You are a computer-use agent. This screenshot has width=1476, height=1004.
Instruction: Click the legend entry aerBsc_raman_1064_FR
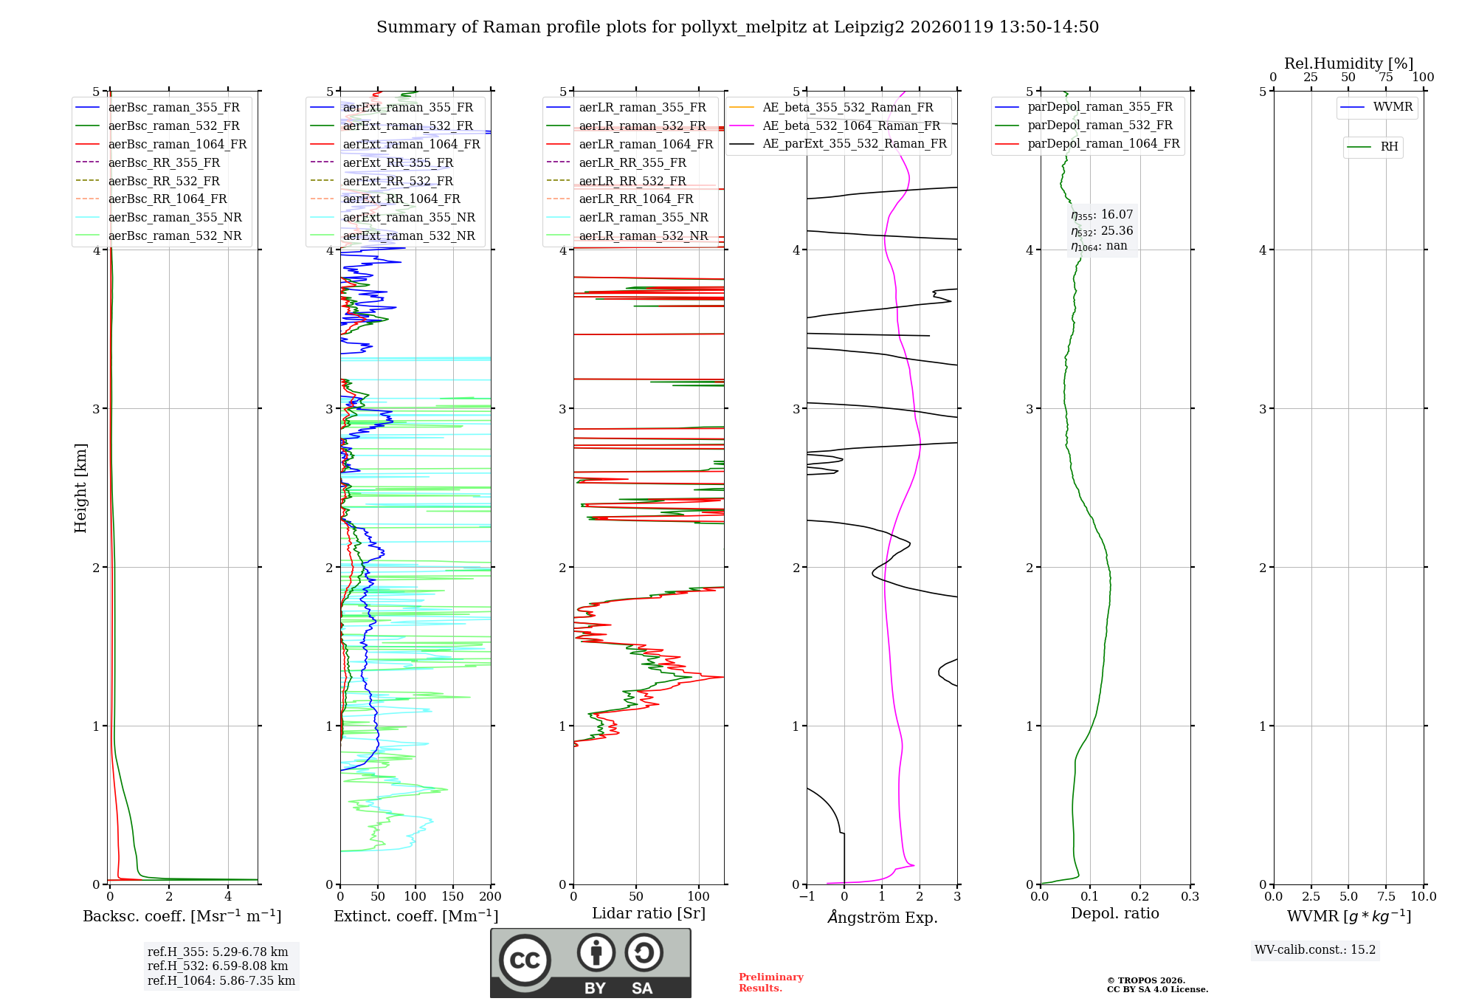(x=177, y=145)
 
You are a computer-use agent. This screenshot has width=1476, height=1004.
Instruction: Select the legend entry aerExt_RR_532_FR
(x=397, y=181)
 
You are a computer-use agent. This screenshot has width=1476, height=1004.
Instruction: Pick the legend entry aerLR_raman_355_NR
(x=643, y=218)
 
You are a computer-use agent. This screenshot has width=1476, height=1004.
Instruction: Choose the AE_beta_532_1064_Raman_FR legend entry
(x=851, y=126)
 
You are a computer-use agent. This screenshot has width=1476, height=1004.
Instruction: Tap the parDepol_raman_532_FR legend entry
(x=1100, y=125)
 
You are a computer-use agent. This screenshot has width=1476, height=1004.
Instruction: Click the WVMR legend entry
(x=1393, y=107)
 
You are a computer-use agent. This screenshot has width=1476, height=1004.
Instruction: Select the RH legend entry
(x=1389, y=147)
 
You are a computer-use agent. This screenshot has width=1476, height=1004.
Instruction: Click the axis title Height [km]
(x=80, y=488)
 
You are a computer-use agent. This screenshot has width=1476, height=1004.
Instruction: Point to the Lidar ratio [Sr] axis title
(x=648, y=913)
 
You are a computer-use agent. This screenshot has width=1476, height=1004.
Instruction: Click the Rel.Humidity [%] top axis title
(x=1348, y=63)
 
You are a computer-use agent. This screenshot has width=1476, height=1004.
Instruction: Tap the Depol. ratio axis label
(x=1114, y=913)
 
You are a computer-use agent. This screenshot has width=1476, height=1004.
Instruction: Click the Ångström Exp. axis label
(x=882, y=918)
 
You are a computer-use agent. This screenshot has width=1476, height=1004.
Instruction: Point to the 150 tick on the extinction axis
(x=453, y=896)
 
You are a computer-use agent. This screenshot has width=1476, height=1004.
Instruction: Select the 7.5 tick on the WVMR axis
(x=1386, y=896)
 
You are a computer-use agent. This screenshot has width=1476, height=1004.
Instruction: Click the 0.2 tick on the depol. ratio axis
(x=1140, y=896)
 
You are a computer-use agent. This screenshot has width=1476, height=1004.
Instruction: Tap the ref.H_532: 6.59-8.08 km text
(x=218, y=966)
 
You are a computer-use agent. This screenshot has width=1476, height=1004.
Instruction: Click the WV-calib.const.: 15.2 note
(x=1315, y=949)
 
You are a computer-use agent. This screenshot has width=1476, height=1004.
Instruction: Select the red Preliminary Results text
(x=770, y=983)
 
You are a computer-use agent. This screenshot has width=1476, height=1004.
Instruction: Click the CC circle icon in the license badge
(x=525, y=960)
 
